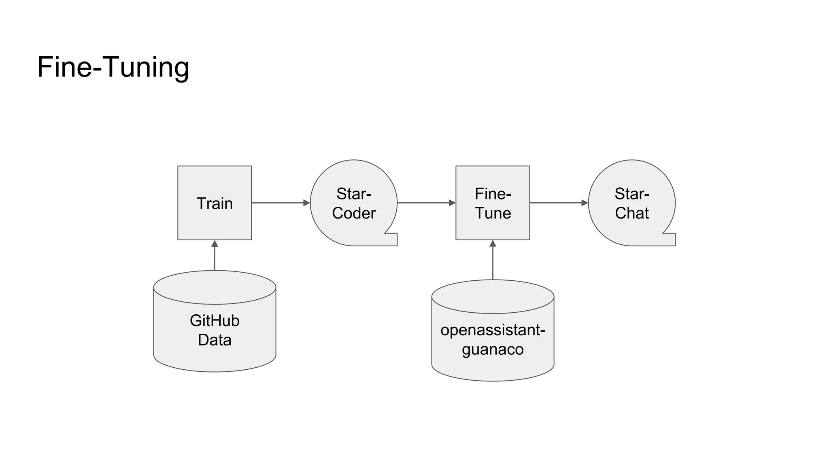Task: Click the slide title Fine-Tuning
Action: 113,67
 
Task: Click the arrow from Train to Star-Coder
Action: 279,203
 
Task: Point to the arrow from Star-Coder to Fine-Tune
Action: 425,203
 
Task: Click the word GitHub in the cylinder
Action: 215,321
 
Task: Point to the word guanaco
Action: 493,349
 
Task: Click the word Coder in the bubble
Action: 354,213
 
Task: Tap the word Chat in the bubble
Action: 632,213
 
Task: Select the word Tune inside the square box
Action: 493,213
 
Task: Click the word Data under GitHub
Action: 215,340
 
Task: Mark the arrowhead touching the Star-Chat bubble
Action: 585,203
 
